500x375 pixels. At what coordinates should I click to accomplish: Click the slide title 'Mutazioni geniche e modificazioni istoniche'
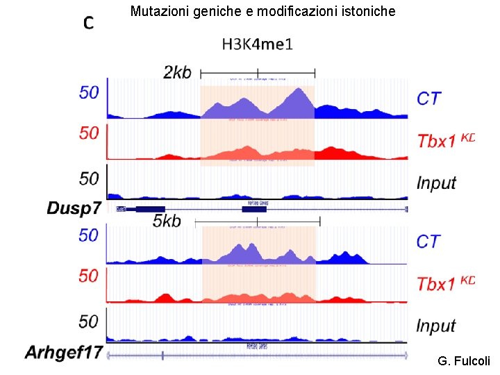click(x=262, y=11)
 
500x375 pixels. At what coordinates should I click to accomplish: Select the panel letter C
click(x=89, y=23)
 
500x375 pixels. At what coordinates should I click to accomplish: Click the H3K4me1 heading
click(x=258, y=44)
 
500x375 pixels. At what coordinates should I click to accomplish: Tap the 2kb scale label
click(x=177, y=72)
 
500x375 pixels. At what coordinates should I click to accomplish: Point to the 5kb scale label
click(x=167, y=221)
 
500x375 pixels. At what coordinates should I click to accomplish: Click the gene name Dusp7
click(x=74, y=208)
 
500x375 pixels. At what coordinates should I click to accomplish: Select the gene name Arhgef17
click(x=64, y=353)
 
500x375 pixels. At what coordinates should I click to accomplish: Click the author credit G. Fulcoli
click(x=464, y=361)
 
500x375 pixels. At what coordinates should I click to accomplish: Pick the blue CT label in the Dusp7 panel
click(x=428, y=99)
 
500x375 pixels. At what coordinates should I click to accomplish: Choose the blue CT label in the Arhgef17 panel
click(x=428, y=242)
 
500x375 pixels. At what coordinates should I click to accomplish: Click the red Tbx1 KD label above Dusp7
click(x=445, y=140)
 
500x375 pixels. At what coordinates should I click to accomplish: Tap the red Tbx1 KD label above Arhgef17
click(x=445, y=283)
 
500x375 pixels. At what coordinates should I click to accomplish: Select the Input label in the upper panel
click(x=436, y=183)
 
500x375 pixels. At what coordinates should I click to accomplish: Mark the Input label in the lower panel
click(x=436, y=326)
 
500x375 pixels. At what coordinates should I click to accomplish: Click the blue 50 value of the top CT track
click(x=89, y=92)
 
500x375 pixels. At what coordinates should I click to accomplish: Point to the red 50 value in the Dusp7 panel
click(x=89, y=133)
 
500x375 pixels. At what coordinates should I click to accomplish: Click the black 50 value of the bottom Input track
click(x=89, y=322)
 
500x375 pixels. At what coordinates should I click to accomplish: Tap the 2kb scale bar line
click(x=258, y=72)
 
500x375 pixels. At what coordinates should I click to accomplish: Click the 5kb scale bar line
click(x=258, y=221)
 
